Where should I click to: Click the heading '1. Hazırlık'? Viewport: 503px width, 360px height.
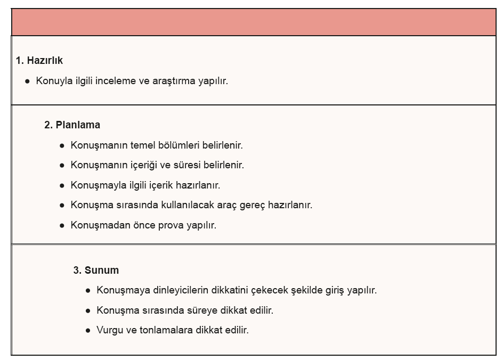(39, 61)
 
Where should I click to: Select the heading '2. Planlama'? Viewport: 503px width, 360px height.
(72, 125)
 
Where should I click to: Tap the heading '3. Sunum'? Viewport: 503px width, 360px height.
(96, 270)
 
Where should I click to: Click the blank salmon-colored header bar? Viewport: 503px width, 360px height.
(254, 22)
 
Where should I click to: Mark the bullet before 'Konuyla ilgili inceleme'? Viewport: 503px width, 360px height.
(27, 81)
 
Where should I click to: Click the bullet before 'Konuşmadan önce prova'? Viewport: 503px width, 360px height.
(62, 225)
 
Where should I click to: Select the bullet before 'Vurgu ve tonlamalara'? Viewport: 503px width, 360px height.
(88, 331)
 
